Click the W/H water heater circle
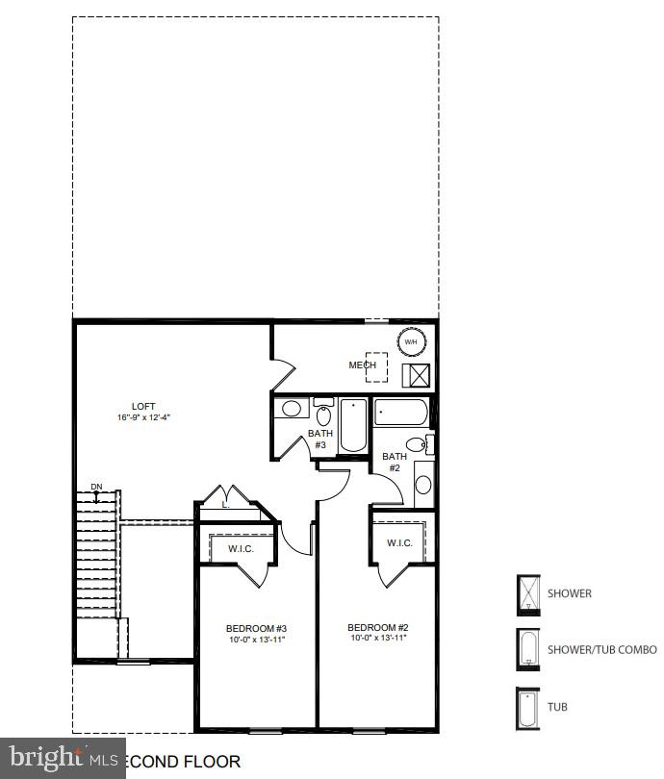coord(410,341)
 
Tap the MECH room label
coord(362,365)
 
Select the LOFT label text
coord(143,406)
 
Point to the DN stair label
coord(96,488)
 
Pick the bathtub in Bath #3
coord(352,425)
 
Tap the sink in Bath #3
coord(292,410)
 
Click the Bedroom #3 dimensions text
coord(255,639)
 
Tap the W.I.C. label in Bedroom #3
coord(240,549)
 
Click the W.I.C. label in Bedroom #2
coord(399,543)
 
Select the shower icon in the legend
coord(527,592)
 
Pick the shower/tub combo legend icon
coord(527,649)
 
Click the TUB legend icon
coord(527,707)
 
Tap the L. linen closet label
coord(225,504)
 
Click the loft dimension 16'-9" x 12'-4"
coord(143,417)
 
